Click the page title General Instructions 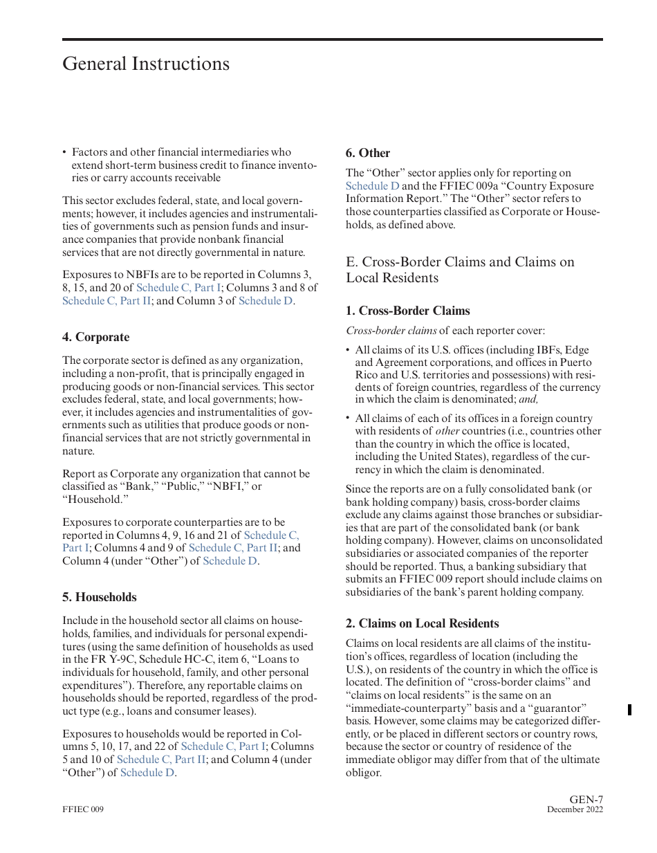[146, 64]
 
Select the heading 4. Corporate [95, 337]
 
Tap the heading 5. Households [100, 597]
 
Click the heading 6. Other [368, 153]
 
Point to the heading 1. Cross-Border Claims [407, 311]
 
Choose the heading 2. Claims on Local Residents [422, 623]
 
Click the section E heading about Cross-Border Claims [460, 270]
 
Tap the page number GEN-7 [586, 800]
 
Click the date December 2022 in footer [575, 809]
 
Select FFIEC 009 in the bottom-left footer [83, 809]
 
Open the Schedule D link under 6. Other [372, 186]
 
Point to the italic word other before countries [447, 431]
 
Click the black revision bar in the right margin [629, 709]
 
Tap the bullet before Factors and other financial [64, 152]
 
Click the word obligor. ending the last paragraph [364, 773]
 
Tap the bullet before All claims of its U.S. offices [348, 350]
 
